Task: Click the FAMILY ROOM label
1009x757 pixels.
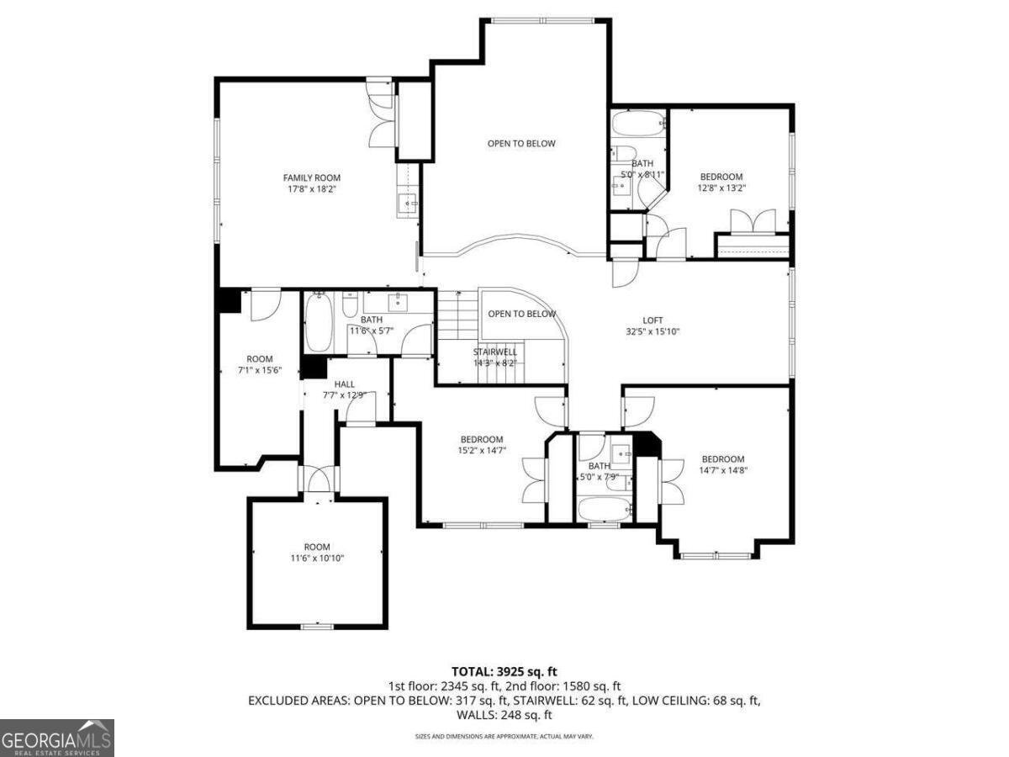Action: pyautogui.click(x=311, y=177)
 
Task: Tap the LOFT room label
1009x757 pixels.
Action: pyautogui.click(x=652, y=320)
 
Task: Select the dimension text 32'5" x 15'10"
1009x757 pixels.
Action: pyautogui.click(x=652, y=331)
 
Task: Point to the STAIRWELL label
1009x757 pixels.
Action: pyautogui.click(x=495, y=352)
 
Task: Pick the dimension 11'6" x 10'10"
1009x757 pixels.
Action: pyautogui.click(x=317, y=558)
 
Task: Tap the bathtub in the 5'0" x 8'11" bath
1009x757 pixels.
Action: pyautogui.click(x=637, y=125)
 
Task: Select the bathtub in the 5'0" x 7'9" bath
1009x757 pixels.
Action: pyautogui.click(x=604, y=508)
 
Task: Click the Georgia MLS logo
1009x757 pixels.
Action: pyautogui.click(x=56, y=738)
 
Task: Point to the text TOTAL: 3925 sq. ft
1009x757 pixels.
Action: pyautogui.click(x=504, y=671)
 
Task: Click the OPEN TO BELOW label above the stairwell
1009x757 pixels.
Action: pyautogui.click(x=521, y=314)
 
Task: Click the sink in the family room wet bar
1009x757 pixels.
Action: pyautogui.click(x=408, y=203)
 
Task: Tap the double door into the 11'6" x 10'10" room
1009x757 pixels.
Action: pyautogui.click(x=319, y=482)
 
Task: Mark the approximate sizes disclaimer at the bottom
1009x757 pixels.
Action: pyautogui.click(x=504, y=736)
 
